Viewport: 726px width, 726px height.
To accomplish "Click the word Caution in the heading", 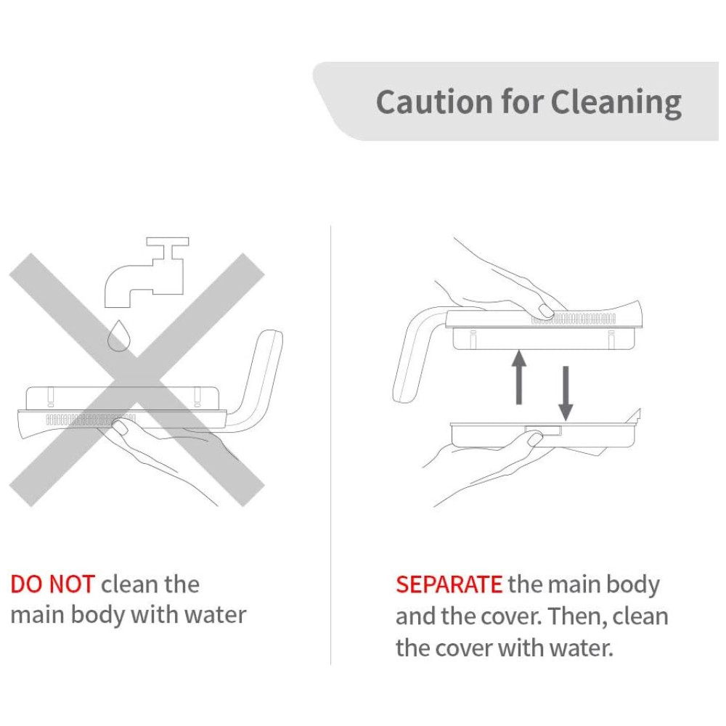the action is click(434, 102).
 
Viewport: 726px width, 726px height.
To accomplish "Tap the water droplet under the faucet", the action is click(118, 336).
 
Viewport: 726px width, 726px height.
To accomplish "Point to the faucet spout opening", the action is click(118, 306).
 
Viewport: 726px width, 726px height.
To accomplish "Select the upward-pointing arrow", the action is click(519, 378).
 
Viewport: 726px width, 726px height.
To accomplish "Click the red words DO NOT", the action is click(52, 584).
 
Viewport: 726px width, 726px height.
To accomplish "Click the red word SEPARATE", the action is click(449, 584).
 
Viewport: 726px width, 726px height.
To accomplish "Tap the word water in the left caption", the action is click(215, 616).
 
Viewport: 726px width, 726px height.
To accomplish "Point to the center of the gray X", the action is click(136, 380).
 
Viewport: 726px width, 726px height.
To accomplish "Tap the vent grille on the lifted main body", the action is click(574, 319).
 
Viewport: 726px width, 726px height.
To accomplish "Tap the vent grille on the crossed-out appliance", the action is click(90, 420).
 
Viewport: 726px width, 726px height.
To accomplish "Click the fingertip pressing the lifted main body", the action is click(546, 311).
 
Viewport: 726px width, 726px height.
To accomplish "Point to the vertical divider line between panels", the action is click(330, 446).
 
